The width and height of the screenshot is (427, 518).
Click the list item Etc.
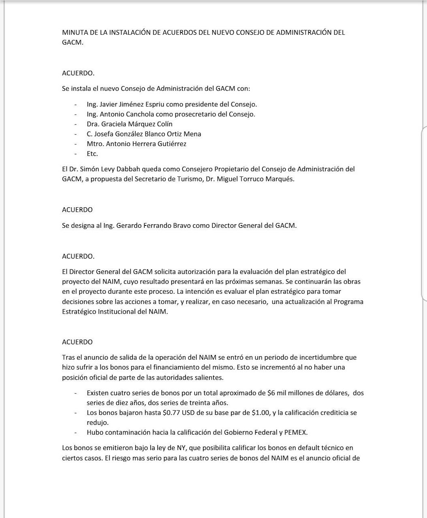[92, 153]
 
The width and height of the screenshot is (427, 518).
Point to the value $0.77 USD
[180, 412]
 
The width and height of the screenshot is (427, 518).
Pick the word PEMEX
[295, 432]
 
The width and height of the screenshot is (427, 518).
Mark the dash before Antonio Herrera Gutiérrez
[75, 144]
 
